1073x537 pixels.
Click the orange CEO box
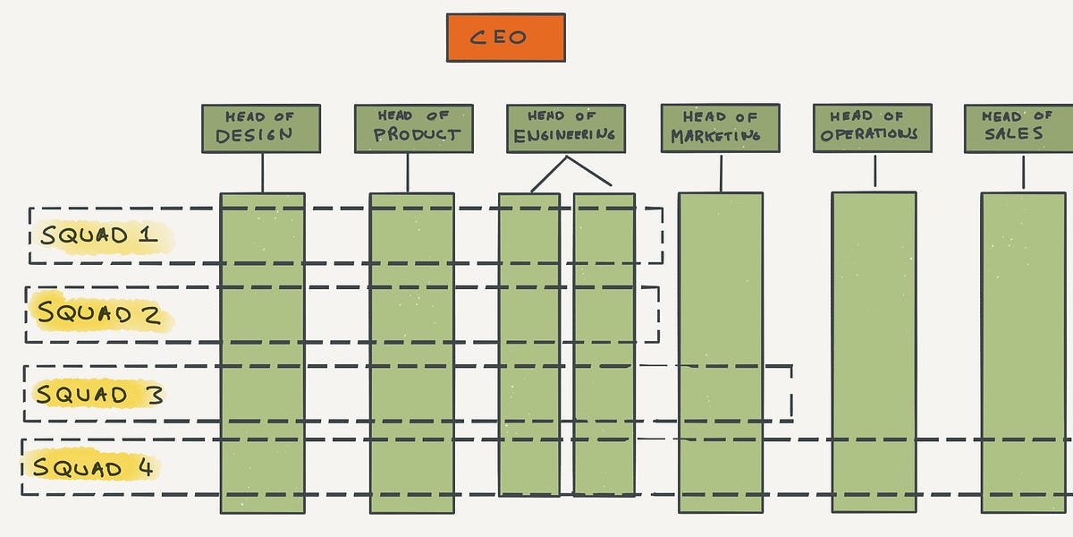pos(505,38)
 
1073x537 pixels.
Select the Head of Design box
pos(260,128)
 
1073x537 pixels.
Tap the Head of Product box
pos(412,128)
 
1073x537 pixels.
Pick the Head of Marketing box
pos(720,128)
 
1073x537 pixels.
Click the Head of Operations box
pos(872,128)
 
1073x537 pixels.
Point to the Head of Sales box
pos(1018,128)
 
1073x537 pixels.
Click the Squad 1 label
pos(99,236)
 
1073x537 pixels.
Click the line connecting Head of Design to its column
pos(262,172)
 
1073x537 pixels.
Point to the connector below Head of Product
pos(408,172)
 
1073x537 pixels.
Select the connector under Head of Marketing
pos(721,172)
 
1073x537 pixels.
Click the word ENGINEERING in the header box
pos(565,135)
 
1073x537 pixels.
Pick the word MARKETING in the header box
pos(716,136)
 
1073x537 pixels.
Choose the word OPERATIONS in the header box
pos(869,134)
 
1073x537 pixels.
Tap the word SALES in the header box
pos(1014,134)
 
